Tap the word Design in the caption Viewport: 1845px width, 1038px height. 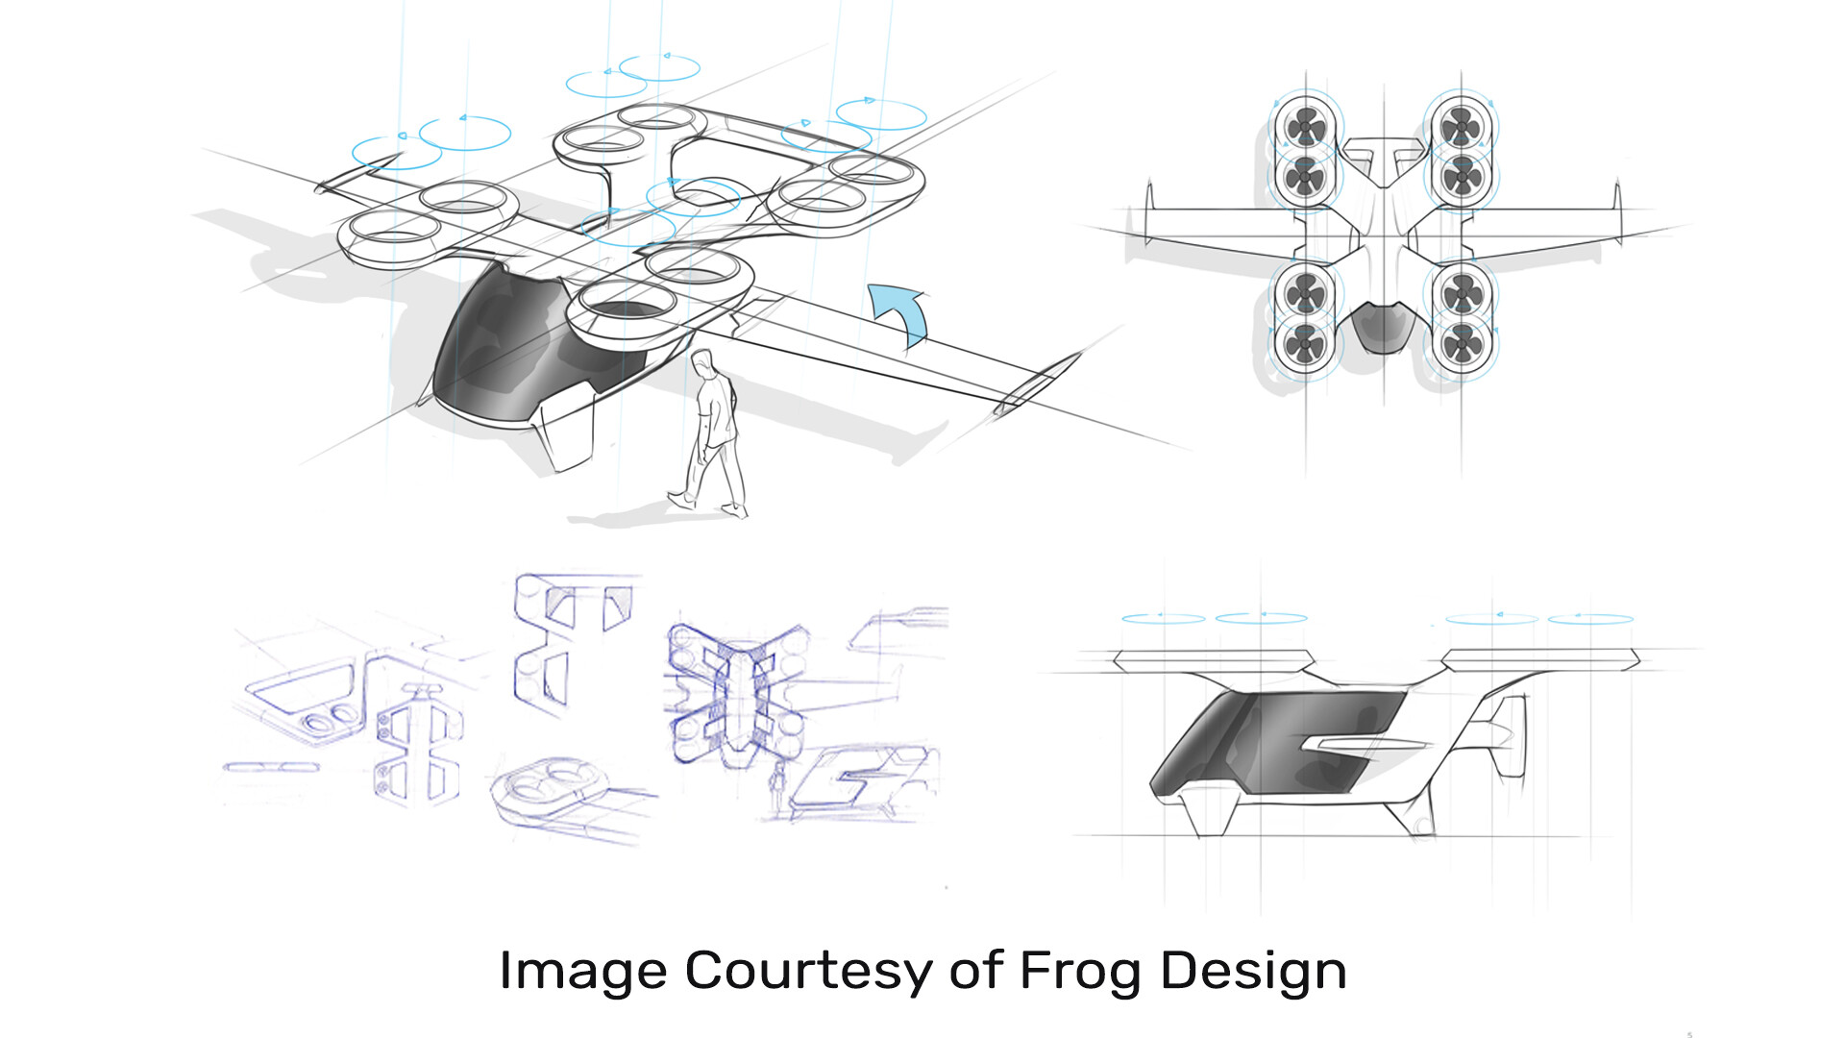1253,971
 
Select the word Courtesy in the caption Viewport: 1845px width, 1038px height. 808,971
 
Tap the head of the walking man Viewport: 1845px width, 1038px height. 704,363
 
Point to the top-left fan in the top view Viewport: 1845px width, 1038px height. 1305,125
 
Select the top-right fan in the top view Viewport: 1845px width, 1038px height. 1461,125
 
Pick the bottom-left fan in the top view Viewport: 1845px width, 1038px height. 1305,342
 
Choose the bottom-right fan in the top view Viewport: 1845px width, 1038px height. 1462,342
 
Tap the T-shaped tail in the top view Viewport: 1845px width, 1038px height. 1383,158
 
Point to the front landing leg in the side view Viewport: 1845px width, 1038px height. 1207,813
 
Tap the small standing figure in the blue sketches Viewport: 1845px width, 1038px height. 778,783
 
